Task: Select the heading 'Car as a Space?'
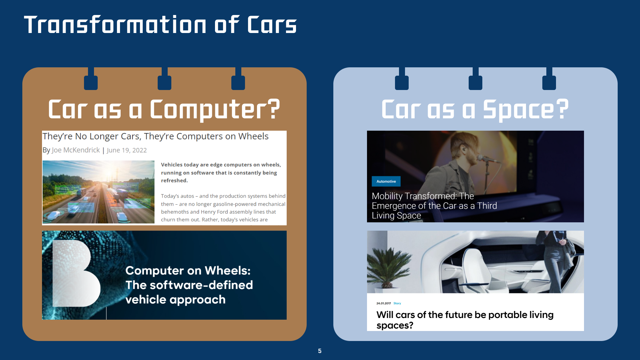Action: click(475, 109)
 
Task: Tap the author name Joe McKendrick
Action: click(76, 150)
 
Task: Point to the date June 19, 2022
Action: click(127, 150)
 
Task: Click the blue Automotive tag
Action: click(386, 181)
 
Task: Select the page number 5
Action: click(320, 351)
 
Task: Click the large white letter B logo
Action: click(76, 273)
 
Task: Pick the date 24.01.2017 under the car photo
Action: click(384, 303)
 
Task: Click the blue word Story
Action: click(397, 303)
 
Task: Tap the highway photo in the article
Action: click(98, 192)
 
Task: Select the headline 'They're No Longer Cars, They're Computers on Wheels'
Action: click(155, 136)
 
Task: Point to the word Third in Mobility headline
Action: click(487, 206)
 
